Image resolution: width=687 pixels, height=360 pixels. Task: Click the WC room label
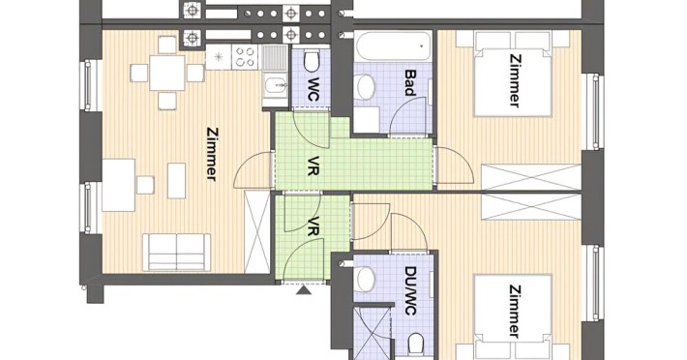click(x=312, y=89)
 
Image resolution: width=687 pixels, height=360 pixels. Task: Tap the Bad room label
click(x=409, y=82)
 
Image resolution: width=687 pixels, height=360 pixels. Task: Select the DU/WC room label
click(x=410, y=290)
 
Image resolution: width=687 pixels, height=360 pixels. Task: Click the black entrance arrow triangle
click(x=304, y=290)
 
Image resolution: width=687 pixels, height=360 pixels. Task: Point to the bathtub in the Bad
click(x=393, y=46)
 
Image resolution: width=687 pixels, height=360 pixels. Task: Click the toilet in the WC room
click(x=312, y=60)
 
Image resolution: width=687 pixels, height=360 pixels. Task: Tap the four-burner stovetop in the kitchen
click(x=245, y=57)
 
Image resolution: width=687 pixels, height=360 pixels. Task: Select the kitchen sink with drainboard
click(x=275, y=76)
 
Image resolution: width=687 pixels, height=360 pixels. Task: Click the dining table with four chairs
click(x=167, y=73)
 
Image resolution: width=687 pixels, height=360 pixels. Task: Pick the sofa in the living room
click(x=176, y=252)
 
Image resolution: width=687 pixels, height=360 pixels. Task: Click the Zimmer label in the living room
click(x=212, y=154)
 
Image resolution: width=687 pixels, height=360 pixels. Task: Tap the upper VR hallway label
click(x=312, y=165)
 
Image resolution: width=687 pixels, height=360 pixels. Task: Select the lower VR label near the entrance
click(x=312, y=226)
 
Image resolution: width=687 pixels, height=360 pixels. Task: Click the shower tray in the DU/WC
click(x=372, y=333)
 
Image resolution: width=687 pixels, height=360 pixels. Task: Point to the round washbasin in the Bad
click(x=365, y=86)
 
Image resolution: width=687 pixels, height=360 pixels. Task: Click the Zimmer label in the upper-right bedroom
click(x=515, y=80)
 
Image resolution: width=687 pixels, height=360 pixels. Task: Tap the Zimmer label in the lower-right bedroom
click(x=515, y=311)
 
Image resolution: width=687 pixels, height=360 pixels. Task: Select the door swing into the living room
click(x=252, y=170)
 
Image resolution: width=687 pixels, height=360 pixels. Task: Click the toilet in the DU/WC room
click(x=416, y=345)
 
